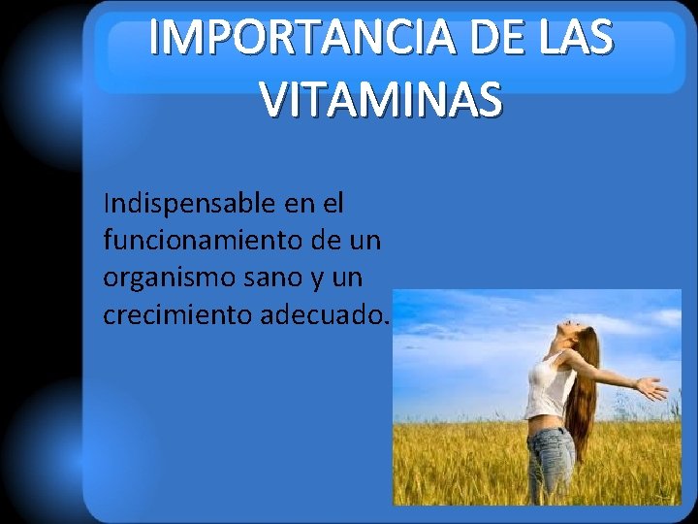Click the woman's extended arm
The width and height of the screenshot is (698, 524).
pos(606,374)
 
